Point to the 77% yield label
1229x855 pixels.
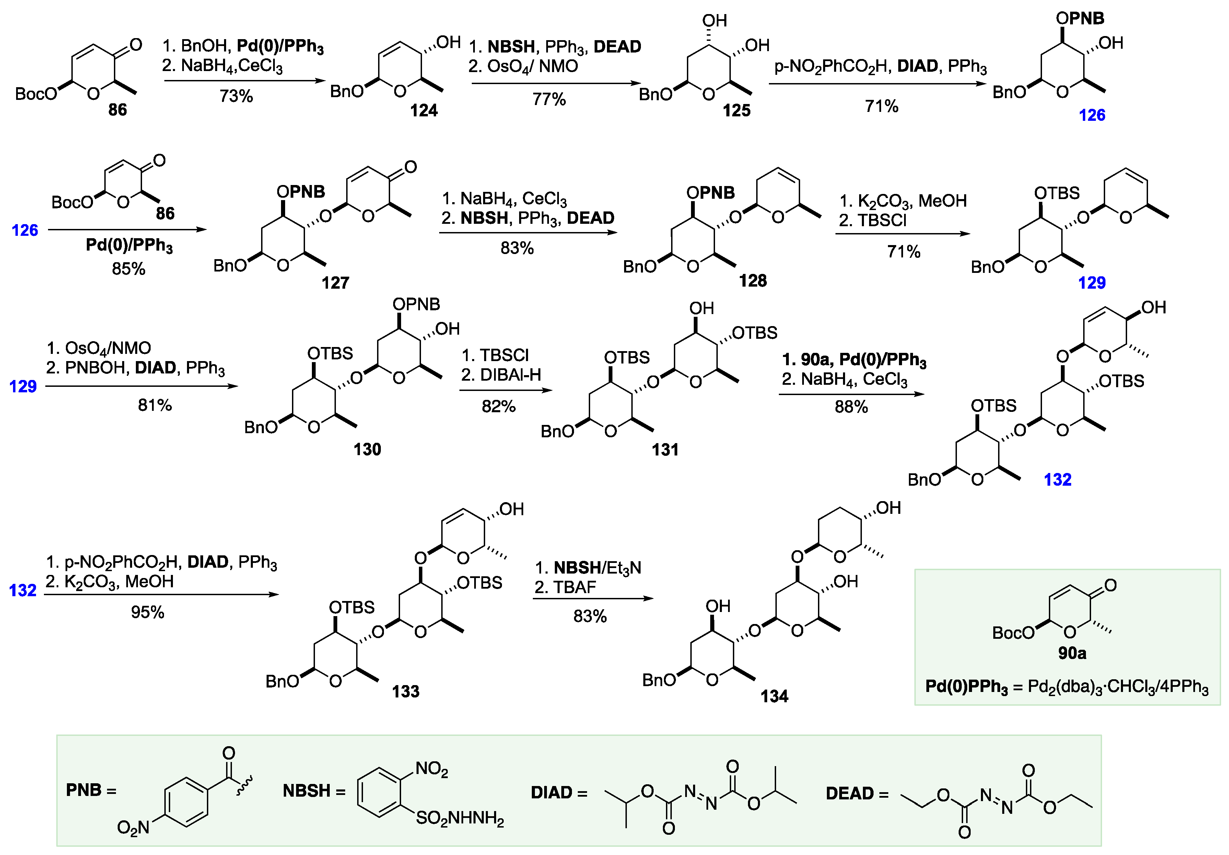point(549,99)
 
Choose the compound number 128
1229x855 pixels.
point(753,280)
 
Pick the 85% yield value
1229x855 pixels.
point(128,268)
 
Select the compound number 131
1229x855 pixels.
point(665,449)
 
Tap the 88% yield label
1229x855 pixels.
point(851,407)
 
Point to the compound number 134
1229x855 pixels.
point(774,696)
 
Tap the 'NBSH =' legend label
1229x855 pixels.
point(314,791)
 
